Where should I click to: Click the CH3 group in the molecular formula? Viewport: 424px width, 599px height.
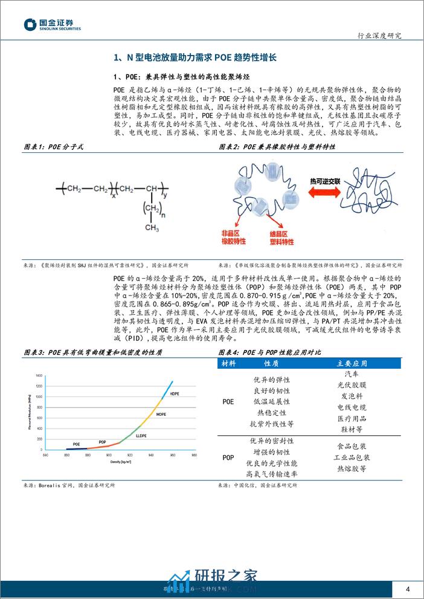(151, 227)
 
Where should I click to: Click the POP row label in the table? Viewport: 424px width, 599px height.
(228, 457)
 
